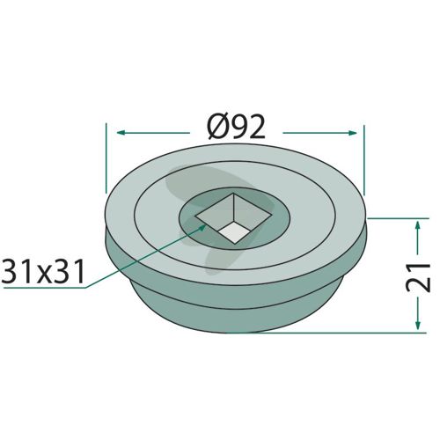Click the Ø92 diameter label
click(236, 127)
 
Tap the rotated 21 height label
click(418, 277)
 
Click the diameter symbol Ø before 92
click(218, 127)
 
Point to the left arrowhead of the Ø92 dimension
click(121, 133)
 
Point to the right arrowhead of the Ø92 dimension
click(352, 133)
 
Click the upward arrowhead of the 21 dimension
click(418, 226)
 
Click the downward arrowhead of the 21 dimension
click(418, 325)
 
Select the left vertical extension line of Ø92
click(106, 158)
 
